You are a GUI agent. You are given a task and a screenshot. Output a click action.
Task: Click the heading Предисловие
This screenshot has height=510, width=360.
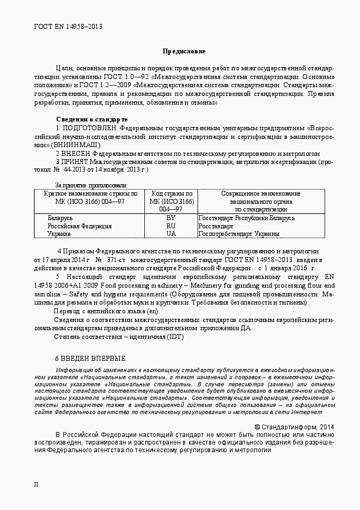pyautogui.click(x=184, y=51)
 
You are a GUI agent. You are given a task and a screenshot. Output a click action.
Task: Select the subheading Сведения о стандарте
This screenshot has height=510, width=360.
pyautogui.click(x=91, y=119)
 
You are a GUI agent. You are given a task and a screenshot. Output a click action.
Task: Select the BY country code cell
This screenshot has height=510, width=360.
pyautogui.click(x=171, y=218)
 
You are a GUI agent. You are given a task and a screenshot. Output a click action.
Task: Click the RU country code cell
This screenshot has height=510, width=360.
pyautogui.click(x=171, y=226)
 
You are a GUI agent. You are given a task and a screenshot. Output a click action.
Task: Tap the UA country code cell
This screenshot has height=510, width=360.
pyautogui.click(x=171, y=234)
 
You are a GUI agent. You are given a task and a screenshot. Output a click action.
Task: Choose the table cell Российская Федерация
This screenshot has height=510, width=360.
pyautogui.click(x=80, y=226)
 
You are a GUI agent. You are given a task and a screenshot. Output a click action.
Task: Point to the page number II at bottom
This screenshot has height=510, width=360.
pyautogui.click(x=36, y=484)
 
